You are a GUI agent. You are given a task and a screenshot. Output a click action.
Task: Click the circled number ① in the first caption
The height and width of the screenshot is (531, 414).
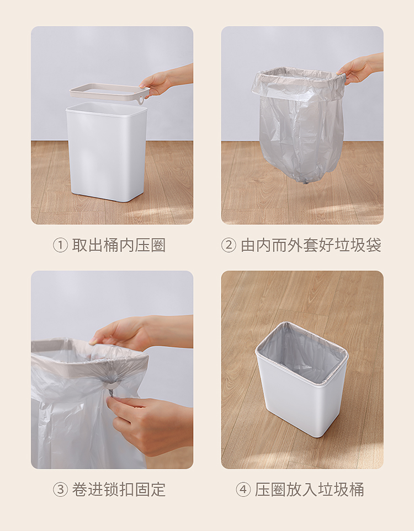(x=60, y=245)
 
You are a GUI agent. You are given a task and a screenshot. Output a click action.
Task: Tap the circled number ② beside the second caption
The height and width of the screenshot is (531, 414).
(x=229, y=245)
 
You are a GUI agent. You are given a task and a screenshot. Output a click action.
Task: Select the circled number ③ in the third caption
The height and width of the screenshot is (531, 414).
(x=60, y=490)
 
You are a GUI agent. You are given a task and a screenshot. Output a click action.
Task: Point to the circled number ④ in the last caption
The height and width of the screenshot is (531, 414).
(x=243, y=490)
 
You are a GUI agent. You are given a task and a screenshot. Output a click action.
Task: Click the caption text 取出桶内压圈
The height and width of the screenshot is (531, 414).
(x=119, y=245)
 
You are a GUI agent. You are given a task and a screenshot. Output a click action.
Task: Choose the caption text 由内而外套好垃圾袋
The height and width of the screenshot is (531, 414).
(x=311, y=245)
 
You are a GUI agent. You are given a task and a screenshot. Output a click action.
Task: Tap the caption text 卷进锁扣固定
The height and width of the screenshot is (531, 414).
(x=119, y=490)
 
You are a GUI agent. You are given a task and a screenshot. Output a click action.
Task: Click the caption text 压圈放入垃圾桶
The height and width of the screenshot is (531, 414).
(x=310, y=490)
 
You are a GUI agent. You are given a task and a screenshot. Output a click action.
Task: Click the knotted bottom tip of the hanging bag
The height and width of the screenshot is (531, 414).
(x=305, y=182)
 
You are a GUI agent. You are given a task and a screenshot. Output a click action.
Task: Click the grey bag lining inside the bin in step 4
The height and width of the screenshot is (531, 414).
(x=302, y=352)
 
